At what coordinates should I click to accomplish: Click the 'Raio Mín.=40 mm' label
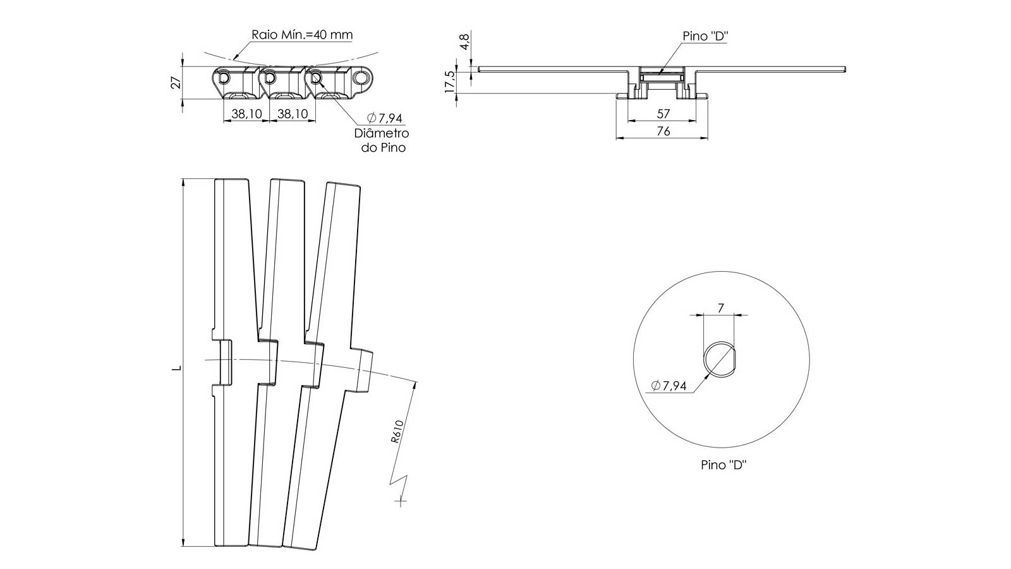coord(302,35)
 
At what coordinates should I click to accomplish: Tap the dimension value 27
coord(176,83)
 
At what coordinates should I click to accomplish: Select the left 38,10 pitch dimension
coord(246,114)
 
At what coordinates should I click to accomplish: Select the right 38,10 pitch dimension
coord(293,114)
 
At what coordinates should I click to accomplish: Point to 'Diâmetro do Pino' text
coord(382,140)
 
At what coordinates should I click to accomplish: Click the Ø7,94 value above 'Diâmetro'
coord(385,118)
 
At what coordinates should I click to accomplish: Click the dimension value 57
coord(663,114)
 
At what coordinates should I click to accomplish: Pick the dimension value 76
coord(663,131)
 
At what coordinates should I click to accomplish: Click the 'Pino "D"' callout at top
coord(705,36)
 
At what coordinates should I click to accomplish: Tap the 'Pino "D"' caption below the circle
coord(723,465)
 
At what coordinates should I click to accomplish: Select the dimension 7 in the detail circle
coord(721,308)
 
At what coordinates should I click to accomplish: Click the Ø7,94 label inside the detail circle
coord(669,386)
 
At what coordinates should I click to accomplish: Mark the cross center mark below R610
coord(401,500)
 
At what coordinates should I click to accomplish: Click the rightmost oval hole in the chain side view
coord(361,78)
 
